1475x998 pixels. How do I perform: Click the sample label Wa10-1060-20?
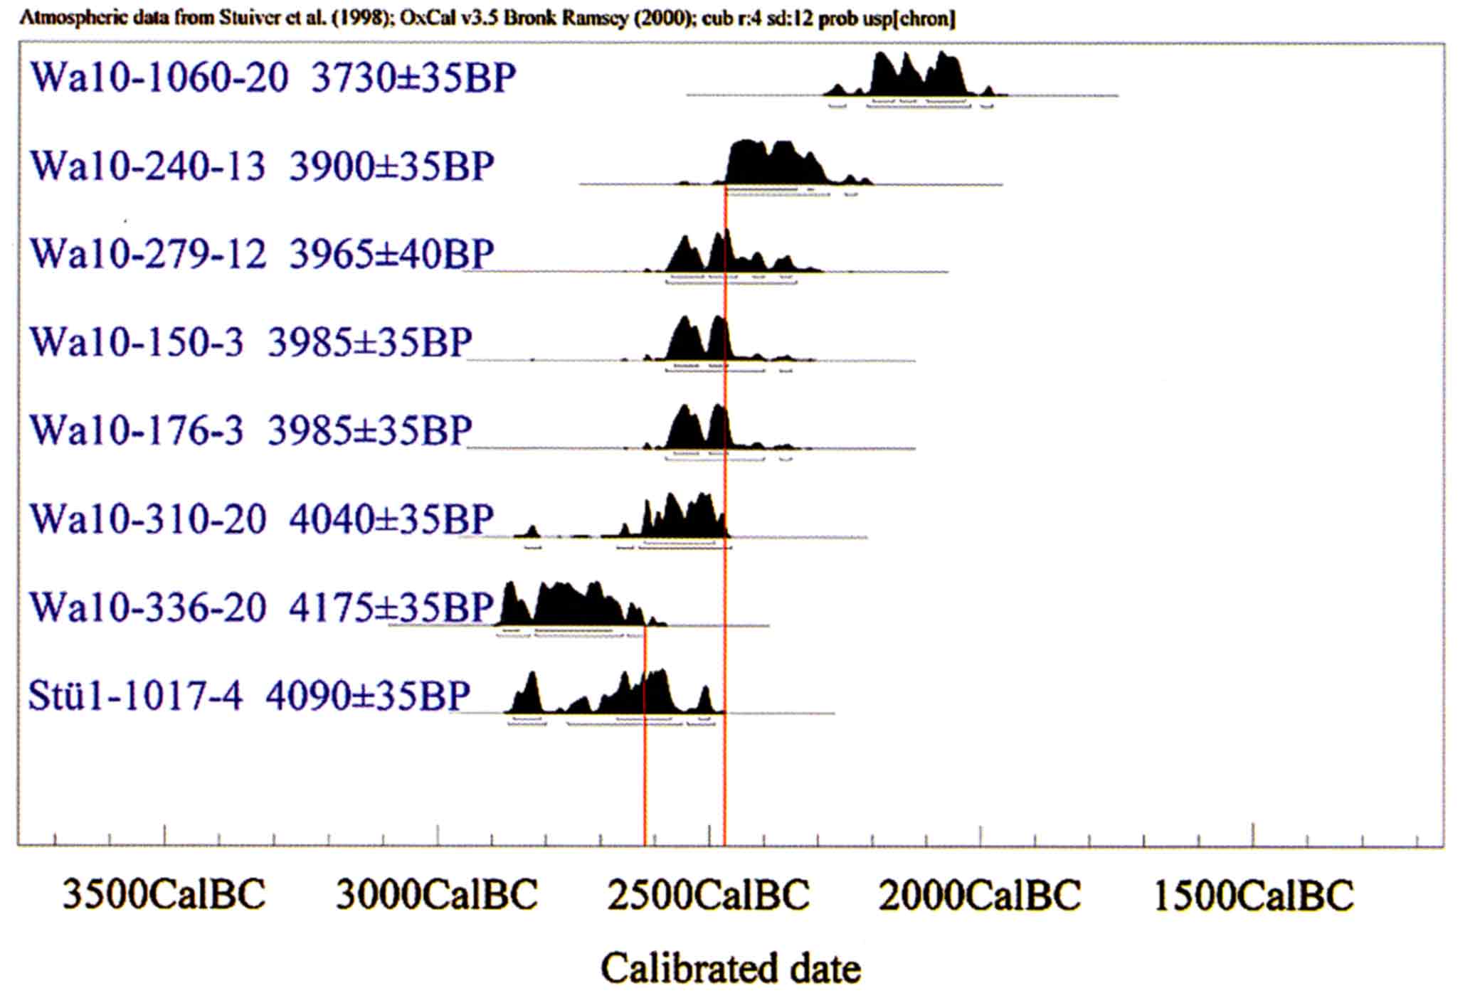click(159, 78)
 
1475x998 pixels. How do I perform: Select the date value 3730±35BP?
click(413, 78)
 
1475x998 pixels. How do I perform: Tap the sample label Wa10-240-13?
click(147, 166)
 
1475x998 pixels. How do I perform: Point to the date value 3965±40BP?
click(391, 254)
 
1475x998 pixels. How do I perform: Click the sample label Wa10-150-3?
click(137, 342)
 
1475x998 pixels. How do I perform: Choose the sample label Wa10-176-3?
click(137, 430)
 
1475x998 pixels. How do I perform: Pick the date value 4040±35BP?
click(391, 519)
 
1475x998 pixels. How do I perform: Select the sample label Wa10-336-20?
click(147, 607)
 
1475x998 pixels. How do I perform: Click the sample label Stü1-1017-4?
click(135, 696)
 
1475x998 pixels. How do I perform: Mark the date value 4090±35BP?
click(368, 696)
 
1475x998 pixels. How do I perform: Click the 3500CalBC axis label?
click(164, 895)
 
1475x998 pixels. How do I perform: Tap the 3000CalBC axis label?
click(436, 895)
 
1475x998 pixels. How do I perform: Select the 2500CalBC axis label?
click(708, 895)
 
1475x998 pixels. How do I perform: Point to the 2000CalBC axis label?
click(980, 895)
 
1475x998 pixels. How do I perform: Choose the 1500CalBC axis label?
click(1253, 895)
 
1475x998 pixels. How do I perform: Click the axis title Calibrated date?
click(731, 969)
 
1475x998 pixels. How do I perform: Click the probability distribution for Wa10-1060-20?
click(918, 78)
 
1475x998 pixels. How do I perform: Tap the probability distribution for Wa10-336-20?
click(569, 608)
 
